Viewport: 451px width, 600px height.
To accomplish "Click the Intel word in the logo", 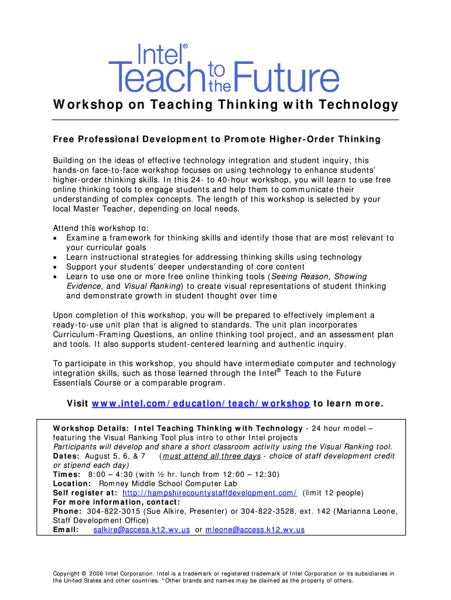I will click(159, 57).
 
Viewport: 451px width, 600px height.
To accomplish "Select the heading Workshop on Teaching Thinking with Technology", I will click(225, 105).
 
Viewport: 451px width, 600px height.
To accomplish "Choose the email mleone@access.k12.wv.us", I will click(255, 530).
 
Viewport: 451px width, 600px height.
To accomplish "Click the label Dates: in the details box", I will click(67, 456).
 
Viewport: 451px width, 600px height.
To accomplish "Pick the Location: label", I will click(71, 484).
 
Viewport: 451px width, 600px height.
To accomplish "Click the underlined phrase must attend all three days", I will click(211, 456).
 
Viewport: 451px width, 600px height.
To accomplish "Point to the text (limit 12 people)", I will click(333, 493).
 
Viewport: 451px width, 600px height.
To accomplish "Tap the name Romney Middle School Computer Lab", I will click(168, 484).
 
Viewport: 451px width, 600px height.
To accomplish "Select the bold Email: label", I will click(66, 530).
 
